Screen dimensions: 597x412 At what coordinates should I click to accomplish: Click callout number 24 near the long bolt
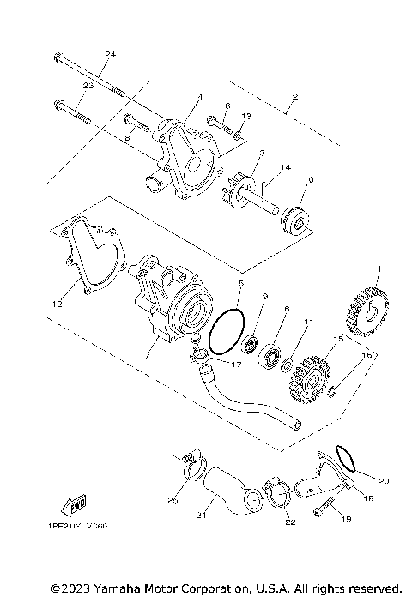pos(109,56)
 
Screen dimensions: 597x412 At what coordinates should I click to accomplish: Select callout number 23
pos(88,87)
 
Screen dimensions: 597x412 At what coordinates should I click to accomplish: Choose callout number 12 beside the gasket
pos(58,304)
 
